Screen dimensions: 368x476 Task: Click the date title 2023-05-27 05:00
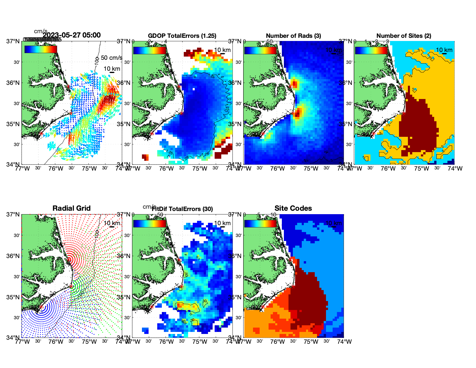[72, 35]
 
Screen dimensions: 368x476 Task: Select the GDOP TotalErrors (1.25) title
[182, 36]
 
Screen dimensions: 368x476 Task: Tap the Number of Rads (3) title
[293, 36]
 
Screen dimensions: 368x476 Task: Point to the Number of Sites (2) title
[404, 36]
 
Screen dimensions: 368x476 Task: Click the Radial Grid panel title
[72, 208]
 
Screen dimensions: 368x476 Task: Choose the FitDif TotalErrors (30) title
[182, 209]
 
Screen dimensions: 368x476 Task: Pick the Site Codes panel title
[293, 208]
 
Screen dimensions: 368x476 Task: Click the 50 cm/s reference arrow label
[111, 58]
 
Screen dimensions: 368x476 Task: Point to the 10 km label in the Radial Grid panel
[112, 223]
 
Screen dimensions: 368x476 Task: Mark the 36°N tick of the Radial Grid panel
[13, 256]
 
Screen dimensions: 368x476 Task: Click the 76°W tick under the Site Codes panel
[278, 342]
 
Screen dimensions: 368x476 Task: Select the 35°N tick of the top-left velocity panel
[13, 124]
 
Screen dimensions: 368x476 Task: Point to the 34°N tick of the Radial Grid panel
[13, 338]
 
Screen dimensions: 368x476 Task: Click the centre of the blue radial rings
[41, 307]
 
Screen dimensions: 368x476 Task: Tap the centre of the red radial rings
[69, 260]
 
